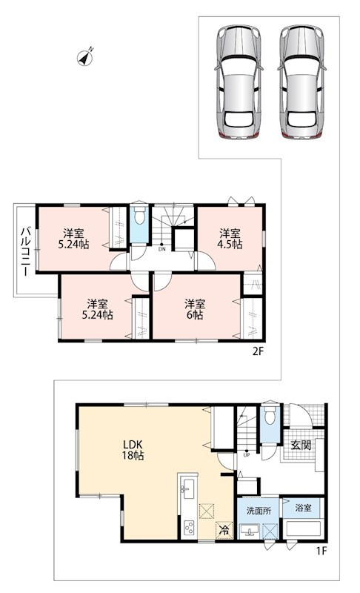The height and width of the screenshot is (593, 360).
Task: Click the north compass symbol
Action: click(85, 58)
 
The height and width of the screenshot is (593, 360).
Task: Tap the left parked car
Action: click(239, 82)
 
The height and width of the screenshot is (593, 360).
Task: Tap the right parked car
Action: click(301, 82)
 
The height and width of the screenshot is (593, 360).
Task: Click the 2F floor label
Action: click(258, 351)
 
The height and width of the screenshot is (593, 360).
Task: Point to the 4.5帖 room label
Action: click(230, 239)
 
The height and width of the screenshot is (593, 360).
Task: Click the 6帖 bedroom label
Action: click(195, 309)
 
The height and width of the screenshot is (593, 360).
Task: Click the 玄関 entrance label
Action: click(301, 445)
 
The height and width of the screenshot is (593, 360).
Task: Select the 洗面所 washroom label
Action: click(259, 511)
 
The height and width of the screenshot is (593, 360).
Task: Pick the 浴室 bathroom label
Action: click(304, 508)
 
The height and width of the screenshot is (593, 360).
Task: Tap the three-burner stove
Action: click(188, 527)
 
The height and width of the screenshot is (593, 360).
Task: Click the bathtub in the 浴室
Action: click(304, 529)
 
